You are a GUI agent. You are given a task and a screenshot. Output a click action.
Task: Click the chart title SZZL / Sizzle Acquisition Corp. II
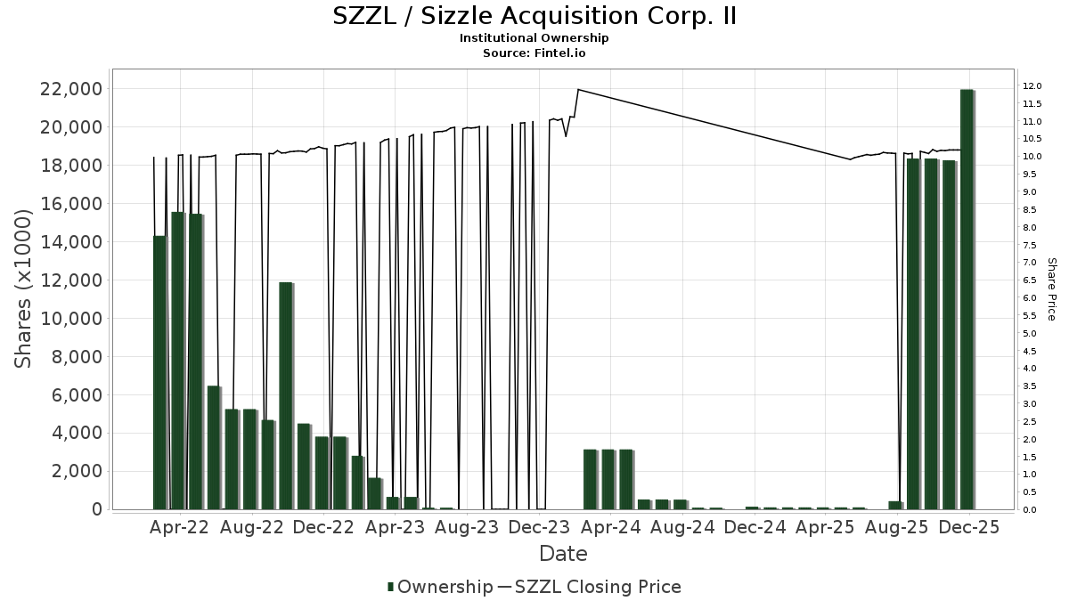pos(534,17)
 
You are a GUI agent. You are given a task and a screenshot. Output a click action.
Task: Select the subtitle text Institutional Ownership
pos(534,38)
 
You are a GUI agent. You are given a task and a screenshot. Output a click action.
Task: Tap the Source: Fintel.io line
pos(534,53)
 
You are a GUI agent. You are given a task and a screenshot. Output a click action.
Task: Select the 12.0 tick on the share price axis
pos(1032,86)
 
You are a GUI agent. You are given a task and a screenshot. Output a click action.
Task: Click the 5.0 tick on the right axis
pos(1030,334)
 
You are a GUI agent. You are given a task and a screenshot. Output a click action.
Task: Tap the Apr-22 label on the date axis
pos(180,527)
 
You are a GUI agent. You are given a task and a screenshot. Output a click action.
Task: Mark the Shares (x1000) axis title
pos(25,288)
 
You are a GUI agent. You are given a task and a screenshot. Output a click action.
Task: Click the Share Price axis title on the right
pos(1051,288)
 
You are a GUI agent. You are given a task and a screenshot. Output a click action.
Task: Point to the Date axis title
pos(563,554)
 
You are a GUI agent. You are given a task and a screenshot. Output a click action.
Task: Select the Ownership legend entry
pos(440,587)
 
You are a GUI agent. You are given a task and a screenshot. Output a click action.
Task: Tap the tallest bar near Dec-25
pos(967,299)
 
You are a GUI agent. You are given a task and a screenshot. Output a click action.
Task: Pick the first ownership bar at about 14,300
pos(159,372)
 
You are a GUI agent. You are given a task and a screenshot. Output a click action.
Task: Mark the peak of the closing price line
pos(578,89)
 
